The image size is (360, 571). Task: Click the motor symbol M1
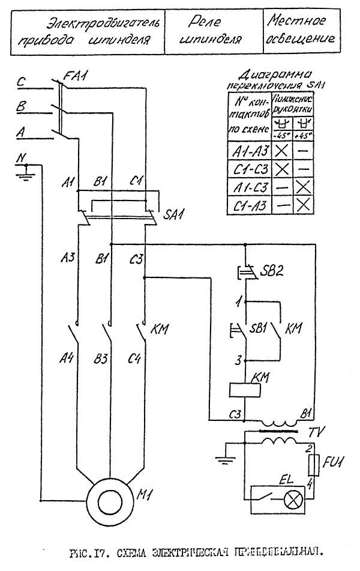[109, 497]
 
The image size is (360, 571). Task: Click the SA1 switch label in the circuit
[175, 214]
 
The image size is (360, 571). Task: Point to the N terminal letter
[22, 159]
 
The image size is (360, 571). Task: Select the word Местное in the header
[296, 22]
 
